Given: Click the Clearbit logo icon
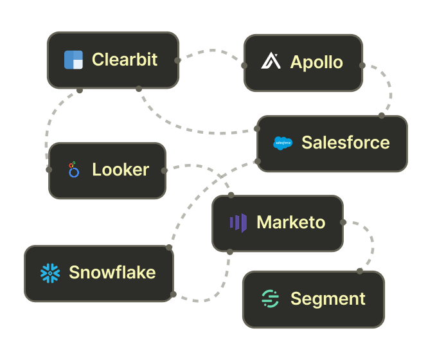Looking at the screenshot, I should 74,60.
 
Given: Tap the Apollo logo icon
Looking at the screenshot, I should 271,62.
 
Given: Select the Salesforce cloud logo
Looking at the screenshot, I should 283,143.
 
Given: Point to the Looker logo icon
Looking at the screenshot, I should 74,170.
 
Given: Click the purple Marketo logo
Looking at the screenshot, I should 238,222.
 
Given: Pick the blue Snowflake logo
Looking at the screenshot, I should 50,273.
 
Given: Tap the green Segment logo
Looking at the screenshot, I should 271,299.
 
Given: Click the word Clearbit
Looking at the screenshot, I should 125,60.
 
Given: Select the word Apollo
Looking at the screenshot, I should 316,62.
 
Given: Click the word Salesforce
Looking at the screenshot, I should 346,143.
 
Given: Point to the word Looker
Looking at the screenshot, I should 121,170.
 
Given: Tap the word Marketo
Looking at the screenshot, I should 291,222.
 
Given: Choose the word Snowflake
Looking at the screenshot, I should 112,273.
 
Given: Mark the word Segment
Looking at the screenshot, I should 328,299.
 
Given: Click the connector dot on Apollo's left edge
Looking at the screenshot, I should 244,66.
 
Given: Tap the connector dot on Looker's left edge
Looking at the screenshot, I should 49,170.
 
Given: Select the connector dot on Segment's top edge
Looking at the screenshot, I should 360,271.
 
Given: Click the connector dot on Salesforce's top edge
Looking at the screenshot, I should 382,116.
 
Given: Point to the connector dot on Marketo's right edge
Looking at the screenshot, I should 343,222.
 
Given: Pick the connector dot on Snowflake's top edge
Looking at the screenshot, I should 169,247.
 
